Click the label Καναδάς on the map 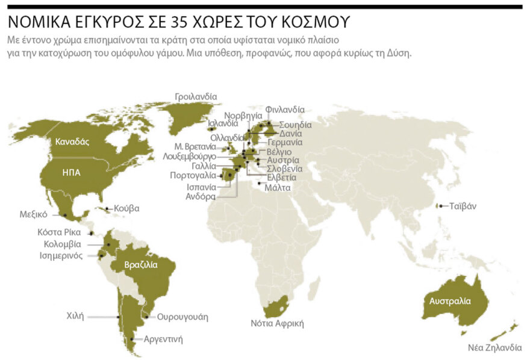pyautogui.click(x=72, y=142)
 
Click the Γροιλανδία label pyautogui.click(x=196, y=96)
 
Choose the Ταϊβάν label pyautogui.click(x=463, y=205)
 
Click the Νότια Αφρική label pyautogui.click(x=277, y=323)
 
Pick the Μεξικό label pyautogui.click(x=33, y=214)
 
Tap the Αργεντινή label pyautogui.click(x=163, y=339)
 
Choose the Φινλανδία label pyautogui.click(x=285, y=110)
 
